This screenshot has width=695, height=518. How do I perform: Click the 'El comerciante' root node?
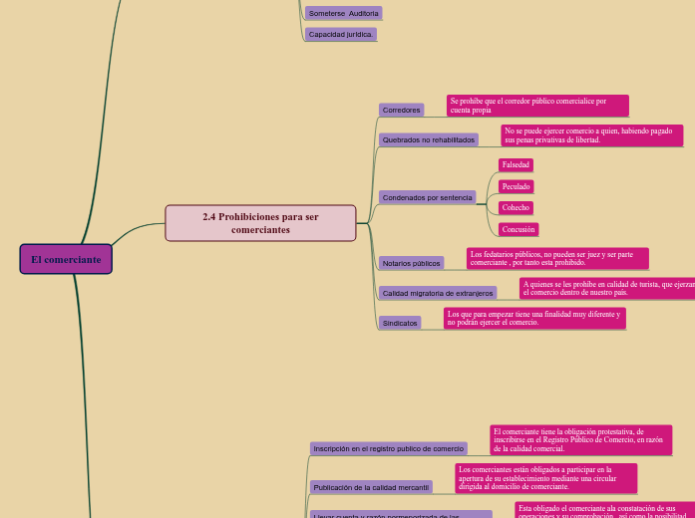[66, 259]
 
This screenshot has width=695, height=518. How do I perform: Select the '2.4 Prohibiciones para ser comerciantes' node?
[260, 223]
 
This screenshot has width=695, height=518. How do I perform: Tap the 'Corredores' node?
[401, 110]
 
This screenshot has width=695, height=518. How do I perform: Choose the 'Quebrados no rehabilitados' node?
[429, 139]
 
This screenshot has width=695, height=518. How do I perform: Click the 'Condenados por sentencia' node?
[427, 197]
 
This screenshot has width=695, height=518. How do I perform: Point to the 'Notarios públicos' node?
[411, 263]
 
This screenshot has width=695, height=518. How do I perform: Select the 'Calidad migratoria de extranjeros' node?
[438, 293]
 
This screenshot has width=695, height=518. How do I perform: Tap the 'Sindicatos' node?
[400, 323]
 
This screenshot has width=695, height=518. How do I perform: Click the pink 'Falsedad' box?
[516, 164]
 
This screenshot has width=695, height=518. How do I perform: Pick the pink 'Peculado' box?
[516, 186]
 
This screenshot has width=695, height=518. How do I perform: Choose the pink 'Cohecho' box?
[516, 207]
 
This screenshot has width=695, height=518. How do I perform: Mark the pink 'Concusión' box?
[519, 229]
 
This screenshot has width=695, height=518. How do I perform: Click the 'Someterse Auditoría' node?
[343, 13]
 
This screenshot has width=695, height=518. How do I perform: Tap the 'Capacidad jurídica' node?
[340, 34]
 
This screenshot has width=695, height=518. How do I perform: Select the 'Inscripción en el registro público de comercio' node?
[388, 448]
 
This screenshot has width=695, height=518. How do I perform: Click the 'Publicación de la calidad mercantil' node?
[371, 487]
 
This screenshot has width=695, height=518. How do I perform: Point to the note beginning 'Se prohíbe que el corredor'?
[537, 106]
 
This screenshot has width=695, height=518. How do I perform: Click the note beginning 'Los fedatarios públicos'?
[557, 258]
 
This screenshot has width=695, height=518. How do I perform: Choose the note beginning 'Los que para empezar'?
[534, 318]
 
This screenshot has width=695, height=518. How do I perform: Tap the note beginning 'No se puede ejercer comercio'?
[591, 134]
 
